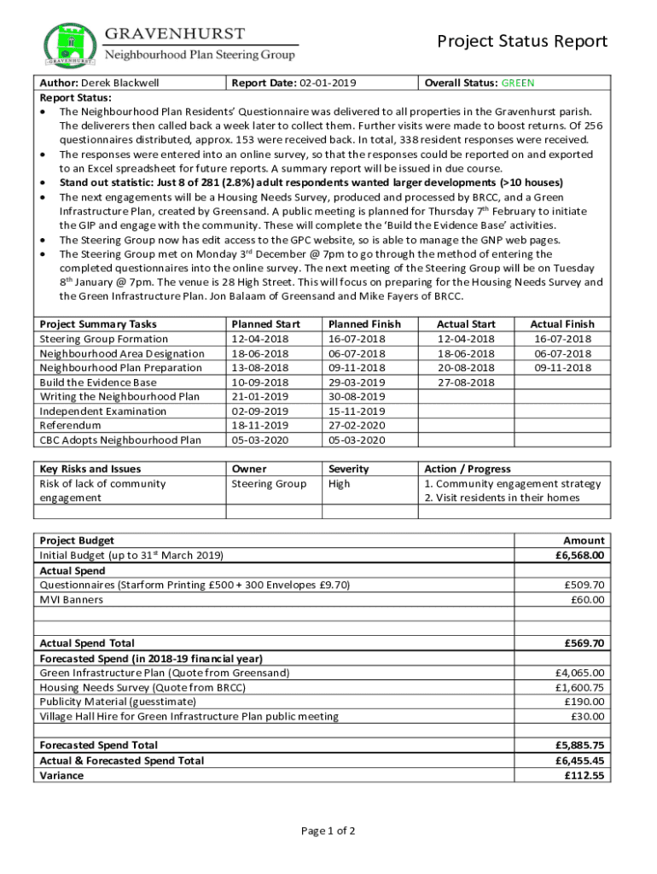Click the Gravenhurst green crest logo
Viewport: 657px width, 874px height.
tap(69, 44)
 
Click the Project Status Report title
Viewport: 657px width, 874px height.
tap(522, 42)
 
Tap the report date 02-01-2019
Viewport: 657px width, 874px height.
tap(328, 83)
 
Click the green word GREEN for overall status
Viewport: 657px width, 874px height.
tap(518, 83)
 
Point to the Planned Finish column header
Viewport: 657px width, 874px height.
tap(364, 324)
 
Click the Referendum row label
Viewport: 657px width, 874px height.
tap(70, 425)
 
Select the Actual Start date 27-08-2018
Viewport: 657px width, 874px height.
tap(466, 382)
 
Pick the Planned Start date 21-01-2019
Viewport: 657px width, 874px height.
tap(260, 397)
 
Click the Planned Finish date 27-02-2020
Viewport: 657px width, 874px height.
tap(357, 425)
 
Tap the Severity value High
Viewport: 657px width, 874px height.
tap(340, 484)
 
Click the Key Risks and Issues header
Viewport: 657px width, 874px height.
tap(90, 469)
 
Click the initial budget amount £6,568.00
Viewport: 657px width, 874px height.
tap(579, 555)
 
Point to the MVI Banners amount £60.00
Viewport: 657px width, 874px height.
tap(587, 599)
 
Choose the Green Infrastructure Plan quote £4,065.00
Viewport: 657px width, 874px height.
tap(579, 673)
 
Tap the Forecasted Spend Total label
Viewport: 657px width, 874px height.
tap(98, 745)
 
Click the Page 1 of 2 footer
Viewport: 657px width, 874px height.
tap(328, 830)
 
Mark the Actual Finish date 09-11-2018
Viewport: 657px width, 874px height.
tap(562, 368)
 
